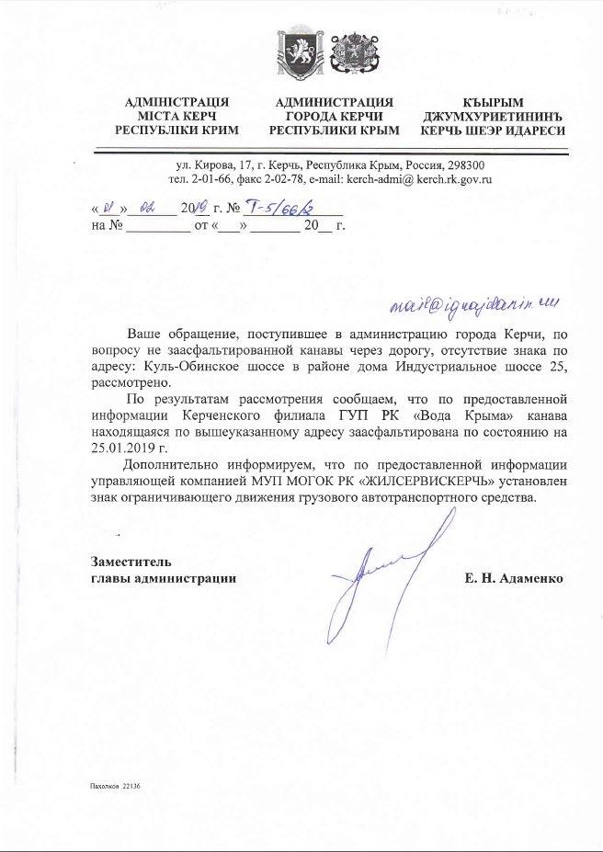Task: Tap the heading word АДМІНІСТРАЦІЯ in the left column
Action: pyautogui.click(x=176, y=102)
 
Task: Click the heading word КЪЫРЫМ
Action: pyautogui.click(x=492, y=102)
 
